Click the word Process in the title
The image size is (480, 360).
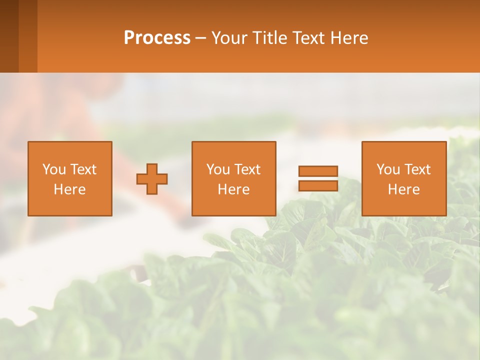click(157, 38)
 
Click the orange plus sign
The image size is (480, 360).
click(152, 178)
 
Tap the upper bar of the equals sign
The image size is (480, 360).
click(318, 171)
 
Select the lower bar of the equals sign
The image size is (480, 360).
click(318, 185)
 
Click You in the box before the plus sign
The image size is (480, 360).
click(54, 169)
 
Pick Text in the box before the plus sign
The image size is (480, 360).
click(83, 169)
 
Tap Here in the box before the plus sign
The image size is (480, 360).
click(69, 189)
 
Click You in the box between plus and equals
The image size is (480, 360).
click(218, 169)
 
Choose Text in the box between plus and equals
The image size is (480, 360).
click(247, 169)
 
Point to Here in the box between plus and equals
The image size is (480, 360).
click(233, 189)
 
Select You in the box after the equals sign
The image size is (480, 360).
click(388, 169)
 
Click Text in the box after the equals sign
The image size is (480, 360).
click(417, 169)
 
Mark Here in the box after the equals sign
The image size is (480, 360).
click(403, 189)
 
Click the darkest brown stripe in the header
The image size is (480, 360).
click(9, 36)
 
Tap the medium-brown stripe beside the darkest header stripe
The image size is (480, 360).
click(28, 36)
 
